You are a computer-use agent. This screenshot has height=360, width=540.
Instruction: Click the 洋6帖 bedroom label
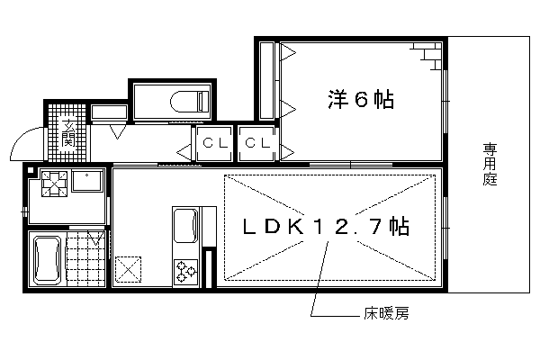pyautogui.click(x=361, y=99)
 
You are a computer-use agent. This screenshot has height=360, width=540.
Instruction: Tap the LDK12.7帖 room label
pyautogui.click(x=326, y=227)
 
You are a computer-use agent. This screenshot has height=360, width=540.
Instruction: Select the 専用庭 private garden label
pyautogui.click(x=490, y=165)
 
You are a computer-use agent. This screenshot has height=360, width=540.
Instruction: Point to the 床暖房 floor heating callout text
pyautogui.click(x=386, y=313)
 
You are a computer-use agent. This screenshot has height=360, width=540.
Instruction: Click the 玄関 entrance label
pyautogui.click(x=67, y=133)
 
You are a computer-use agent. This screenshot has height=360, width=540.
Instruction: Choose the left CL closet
pyautogui.click(x=214, y=143)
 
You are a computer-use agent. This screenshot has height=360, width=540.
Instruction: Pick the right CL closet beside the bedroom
pyautogui.click(x=256, y=143)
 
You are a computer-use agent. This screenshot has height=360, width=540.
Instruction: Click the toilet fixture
pyautogui.click(x=190, y=102)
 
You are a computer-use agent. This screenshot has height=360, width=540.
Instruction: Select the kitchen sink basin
pyautogui.click(x=186, y=225)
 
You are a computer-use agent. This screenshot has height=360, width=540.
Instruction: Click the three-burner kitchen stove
pyautogui.click(x=185, y=272)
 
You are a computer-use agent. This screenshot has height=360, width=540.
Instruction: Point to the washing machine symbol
pyautogui.click(x=54, y=184)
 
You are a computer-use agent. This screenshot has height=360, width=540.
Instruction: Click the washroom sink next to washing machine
pyautogui.click(x=87, y=181)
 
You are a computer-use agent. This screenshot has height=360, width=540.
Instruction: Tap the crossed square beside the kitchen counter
pyautogui.click(x=128, y=269)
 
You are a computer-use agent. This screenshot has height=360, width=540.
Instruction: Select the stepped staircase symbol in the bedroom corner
pyautogui.click(x=427, y=56)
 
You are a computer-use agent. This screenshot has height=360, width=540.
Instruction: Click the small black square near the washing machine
pyautogui.click(x=31, y=170)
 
